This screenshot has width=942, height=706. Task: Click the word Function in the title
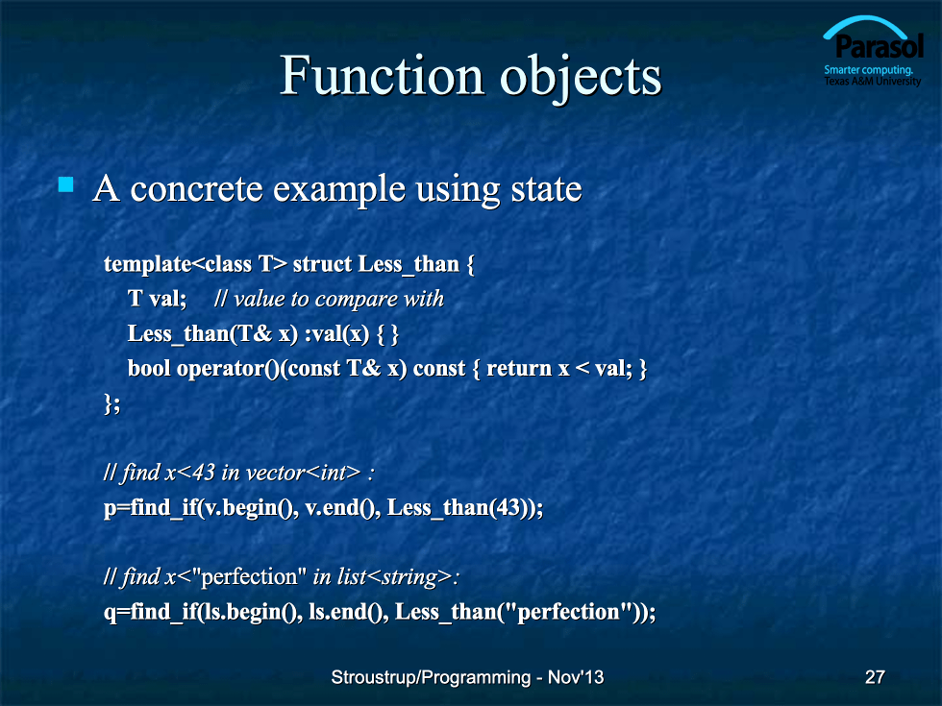point(383,76)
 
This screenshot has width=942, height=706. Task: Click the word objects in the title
point(581,79)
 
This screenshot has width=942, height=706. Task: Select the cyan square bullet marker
point(66,184)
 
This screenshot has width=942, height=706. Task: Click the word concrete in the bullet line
point(196,189)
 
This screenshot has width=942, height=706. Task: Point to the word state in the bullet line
point(546,189)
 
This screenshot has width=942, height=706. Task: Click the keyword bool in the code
point(149,368)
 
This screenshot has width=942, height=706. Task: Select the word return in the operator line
point(519,369)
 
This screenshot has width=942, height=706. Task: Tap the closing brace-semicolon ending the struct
point(112,403)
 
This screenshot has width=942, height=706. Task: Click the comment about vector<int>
point(239,473)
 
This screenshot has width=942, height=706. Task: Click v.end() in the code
point(342,508)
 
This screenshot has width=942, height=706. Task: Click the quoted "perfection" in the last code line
point(568,611)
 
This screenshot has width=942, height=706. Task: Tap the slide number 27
point(875,677)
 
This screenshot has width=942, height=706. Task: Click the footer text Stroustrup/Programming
point(431,677)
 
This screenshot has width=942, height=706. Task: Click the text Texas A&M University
point(873,81)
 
